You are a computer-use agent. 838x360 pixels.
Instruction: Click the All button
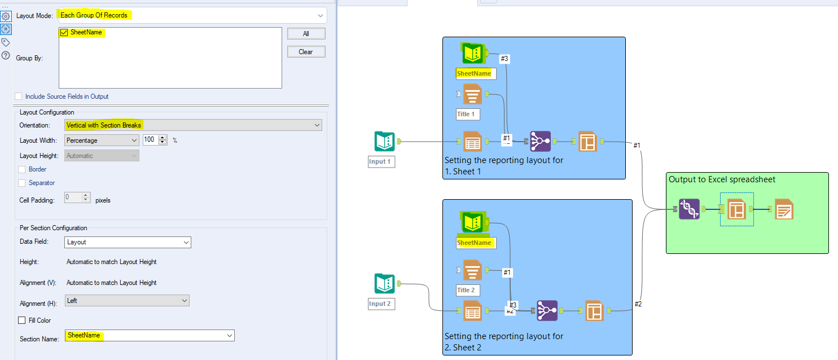tap(306, 34)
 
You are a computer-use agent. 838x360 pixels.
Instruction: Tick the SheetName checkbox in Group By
tap(64, 33)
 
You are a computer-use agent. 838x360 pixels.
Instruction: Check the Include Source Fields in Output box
tap(19, 96)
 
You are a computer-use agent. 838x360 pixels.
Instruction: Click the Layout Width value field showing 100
tap(150, 140)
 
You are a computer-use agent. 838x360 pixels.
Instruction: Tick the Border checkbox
tap(22, 169)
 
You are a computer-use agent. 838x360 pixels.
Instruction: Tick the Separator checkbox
tap(22, 183)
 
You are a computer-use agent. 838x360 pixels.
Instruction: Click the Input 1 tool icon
tap(384, 142)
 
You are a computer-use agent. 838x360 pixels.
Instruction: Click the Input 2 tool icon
tap(384, 284)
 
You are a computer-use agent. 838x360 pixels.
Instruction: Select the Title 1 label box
tap(468, 114)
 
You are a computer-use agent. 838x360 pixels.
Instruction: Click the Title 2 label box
tap(468, 290)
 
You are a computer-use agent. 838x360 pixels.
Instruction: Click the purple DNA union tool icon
tap(689, 209)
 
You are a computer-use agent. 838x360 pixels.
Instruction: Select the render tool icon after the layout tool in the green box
tap(784, 209)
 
